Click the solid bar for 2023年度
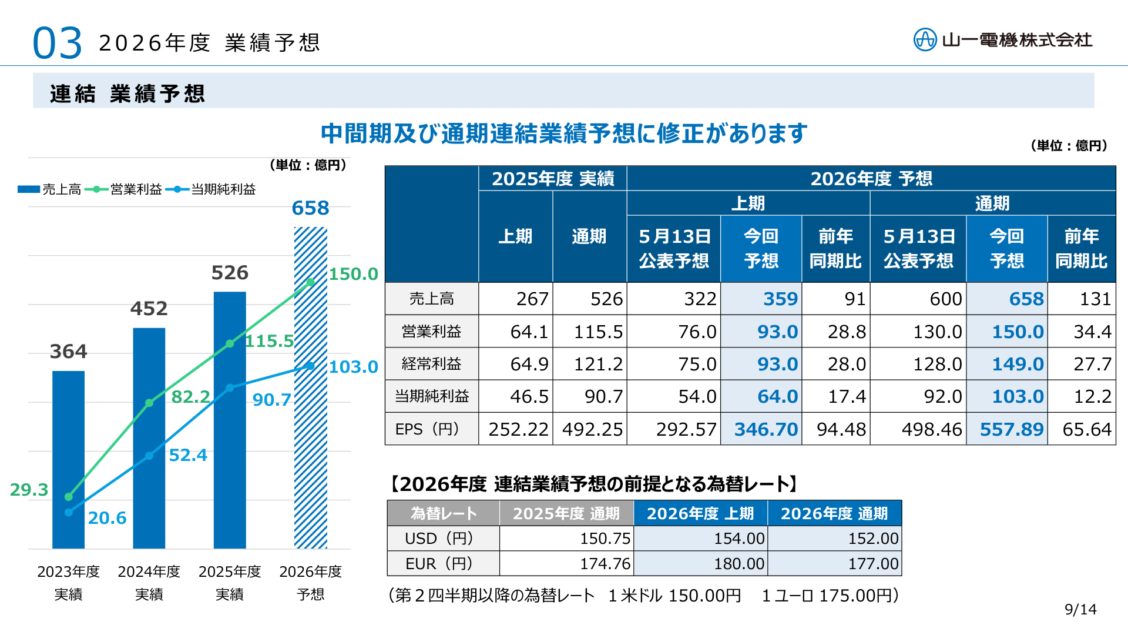point(68,460)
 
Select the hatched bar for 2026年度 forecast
point(310,388)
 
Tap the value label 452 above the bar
point(149,309)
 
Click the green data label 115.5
point(269,341)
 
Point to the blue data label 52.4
point(188,455)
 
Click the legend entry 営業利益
point(123,189)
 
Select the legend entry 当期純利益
point(211,189)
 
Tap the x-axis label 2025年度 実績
point(230,583)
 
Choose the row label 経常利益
point(431,364)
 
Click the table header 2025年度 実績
point(553,179)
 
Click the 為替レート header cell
point(444,513)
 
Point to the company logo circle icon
point(925,40)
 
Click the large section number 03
point(57,44)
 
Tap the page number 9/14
point(1080,610)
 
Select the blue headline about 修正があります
point(564,133)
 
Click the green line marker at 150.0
point(310,283)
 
